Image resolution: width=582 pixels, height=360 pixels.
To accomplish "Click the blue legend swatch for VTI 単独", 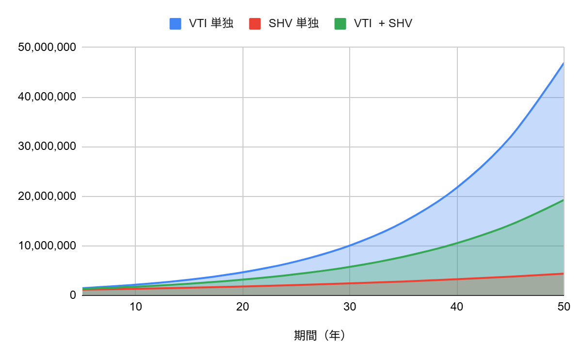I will [176, 23].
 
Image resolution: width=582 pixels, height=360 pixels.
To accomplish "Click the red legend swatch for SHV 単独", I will [255, 23].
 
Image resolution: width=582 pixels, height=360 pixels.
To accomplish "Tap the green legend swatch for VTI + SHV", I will [340, 23].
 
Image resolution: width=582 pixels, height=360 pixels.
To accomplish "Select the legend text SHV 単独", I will [293, 23].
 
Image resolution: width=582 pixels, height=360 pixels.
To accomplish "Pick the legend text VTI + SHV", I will [383, 23].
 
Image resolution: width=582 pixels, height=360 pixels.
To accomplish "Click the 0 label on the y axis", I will [73, 295].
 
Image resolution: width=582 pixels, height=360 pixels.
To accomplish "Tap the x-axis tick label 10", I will [135, 307].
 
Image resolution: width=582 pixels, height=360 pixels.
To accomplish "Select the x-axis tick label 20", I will [242, 307].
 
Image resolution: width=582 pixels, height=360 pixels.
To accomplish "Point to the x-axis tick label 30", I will [350, 307].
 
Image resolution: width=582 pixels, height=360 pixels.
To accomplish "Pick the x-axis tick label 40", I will [457, 307].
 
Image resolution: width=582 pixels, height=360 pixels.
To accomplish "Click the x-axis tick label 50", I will [564, 307].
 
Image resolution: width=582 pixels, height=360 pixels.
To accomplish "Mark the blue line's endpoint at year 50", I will [564, 63].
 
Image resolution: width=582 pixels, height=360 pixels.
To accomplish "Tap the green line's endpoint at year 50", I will [564, 199].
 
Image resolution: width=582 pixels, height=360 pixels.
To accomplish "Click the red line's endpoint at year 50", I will [564, 274].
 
